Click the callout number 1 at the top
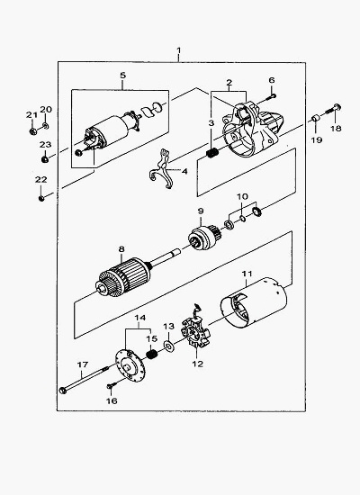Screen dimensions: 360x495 179,50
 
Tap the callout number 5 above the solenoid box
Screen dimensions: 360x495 122,75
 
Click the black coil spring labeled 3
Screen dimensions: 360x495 212,153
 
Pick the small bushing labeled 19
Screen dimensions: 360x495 315,119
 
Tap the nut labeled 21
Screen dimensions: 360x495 32,131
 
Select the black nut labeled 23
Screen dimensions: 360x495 45,159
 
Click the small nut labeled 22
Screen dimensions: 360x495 41,199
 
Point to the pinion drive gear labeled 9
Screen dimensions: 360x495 204,236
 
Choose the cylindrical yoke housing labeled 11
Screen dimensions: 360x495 254,304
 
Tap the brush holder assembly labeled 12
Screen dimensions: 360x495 196,332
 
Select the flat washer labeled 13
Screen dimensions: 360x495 168,346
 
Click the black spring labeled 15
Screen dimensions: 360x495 153,355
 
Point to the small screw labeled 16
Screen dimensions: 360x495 112,385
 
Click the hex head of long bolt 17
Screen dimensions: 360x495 62,391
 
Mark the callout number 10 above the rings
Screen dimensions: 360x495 242,197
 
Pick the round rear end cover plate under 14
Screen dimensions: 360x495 130,366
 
